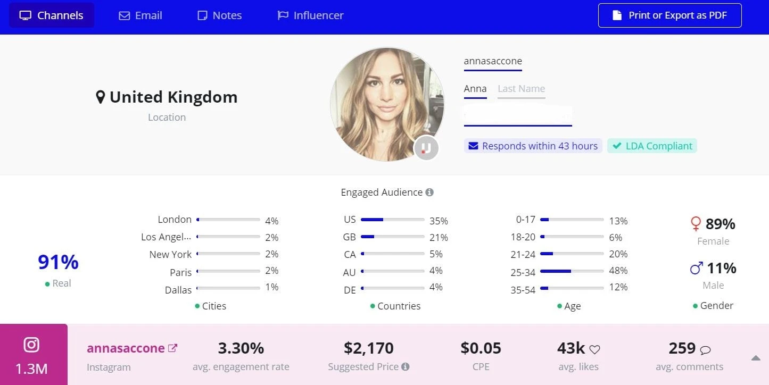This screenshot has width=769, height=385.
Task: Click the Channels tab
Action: coord(52,15)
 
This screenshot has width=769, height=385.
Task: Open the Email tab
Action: coord(140,15)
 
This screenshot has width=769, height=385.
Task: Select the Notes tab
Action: coord(219,15)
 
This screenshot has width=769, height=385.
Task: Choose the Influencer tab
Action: coord(311,15)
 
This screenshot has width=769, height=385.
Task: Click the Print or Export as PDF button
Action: coord(669,15)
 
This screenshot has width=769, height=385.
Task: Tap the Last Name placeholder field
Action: coord(521,89)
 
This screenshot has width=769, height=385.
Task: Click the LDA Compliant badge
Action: coord(652,146)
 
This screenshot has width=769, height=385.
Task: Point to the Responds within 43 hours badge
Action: coord(533,146)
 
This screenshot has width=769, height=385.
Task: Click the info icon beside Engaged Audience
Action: coord(429,192)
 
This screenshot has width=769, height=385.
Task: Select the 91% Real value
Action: coord(58,262)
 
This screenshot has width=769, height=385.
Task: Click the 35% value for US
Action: coord(439,221)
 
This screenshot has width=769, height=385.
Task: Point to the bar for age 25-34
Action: coord(572,271)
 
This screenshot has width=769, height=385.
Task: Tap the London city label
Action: coord(175,219)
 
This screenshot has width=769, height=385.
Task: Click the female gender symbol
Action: coord(695,224)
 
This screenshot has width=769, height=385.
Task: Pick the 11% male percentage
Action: coord(721,268)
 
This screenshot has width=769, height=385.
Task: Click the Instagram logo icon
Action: coord(32,345)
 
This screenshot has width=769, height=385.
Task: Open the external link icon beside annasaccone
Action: coord(172,348)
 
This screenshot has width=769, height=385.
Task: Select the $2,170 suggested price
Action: coord(368,348)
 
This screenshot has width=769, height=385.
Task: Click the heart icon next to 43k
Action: coord(594,349)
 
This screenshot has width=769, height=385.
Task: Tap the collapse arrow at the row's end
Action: coord(756,358)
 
